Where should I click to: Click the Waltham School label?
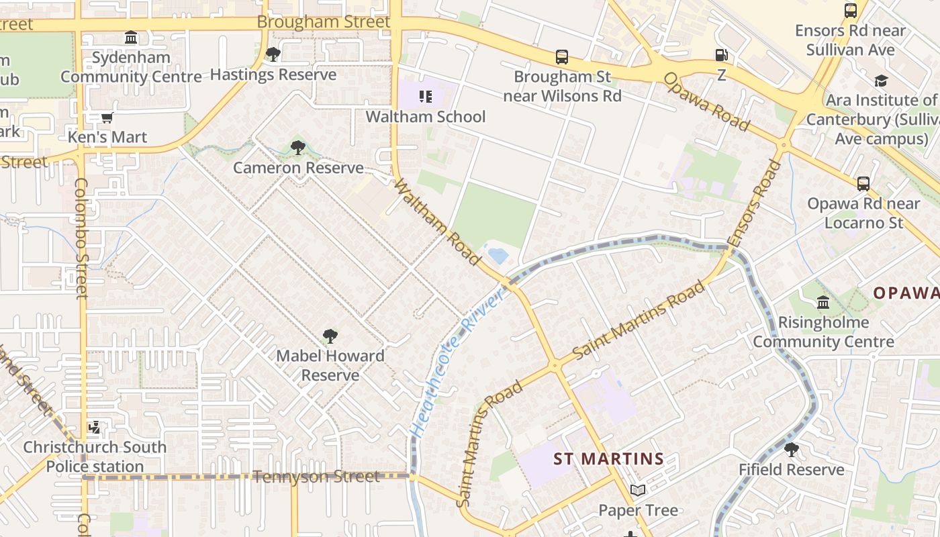(425, 117)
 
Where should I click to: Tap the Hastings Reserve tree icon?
(273, 54)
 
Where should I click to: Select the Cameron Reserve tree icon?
(297, 147)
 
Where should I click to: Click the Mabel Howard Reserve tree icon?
(330, 336)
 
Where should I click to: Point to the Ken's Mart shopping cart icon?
(107, 118)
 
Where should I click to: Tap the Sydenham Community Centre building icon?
(131, 37)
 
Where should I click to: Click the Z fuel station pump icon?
(721, 56)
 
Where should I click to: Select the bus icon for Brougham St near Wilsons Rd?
(562, 57)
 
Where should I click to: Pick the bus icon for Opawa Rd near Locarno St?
(863, 183)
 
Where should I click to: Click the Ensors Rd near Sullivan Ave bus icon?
(851, 11)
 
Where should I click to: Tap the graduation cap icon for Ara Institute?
(880, 81)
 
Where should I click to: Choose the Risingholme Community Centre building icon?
(823, 302)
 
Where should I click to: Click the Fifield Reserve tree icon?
(792, 450)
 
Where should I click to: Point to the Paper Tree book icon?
(637, 491)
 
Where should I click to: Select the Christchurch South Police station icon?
(95, 427)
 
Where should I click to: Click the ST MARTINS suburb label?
(608, 459)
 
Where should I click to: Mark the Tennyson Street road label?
(316, 477)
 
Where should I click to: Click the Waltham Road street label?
(438, 222)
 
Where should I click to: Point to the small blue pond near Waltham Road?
(498, 256)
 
